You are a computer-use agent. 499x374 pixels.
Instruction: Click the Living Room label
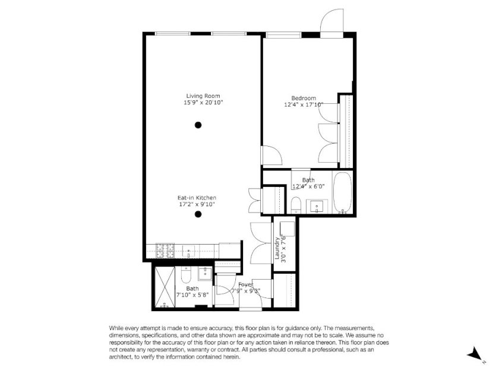[x=203, y=96]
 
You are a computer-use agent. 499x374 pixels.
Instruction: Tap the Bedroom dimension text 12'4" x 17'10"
[x=304, y=104]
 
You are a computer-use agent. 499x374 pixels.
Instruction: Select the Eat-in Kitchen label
[x=197, y=198]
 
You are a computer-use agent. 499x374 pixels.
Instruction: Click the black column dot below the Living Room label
[x=198, y=125]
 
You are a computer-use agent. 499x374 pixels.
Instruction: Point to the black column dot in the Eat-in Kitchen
[x=198, y=214]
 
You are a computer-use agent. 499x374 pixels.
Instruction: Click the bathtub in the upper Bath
[x=342, y=192]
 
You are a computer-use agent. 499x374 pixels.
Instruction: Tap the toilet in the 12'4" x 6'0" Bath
[x=296, y=205]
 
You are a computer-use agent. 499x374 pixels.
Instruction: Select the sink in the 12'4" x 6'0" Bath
[x=317, y=206]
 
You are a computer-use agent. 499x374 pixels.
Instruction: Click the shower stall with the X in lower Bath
[x=165, y=287]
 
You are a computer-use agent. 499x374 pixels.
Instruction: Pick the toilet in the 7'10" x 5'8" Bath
[x=186, y=274]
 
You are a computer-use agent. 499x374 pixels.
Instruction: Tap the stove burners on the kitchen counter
[x=165, y=251]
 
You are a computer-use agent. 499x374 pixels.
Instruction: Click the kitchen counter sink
[x=188, y=251]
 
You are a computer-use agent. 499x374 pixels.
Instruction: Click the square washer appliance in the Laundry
[x=287, y=229]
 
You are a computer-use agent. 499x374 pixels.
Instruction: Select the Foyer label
[x=246, y=284]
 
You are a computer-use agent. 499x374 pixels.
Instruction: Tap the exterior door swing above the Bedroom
[x=332, y=20]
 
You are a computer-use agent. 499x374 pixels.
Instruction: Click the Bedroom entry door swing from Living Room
[x=271, y=155]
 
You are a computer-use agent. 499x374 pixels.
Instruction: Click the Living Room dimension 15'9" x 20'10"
[x=203, y=102]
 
